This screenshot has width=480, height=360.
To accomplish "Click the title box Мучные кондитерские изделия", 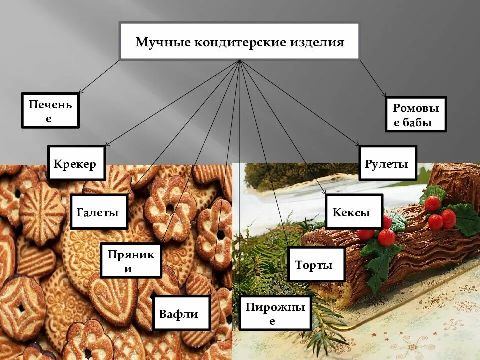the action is pos(239,41).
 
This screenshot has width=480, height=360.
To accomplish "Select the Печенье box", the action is pos(50,110).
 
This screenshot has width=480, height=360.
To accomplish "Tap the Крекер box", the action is pos(76,163).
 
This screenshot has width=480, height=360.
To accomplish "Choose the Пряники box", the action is pos(131,260).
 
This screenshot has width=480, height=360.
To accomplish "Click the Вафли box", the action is pos(179,313).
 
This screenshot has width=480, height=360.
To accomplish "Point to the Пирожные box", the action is pos(275,313).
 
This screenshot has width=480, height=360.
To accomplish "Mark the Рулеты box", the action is pos(387,163).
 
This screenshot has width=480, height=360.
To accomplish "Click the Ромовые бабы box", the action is pos(416,114).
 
